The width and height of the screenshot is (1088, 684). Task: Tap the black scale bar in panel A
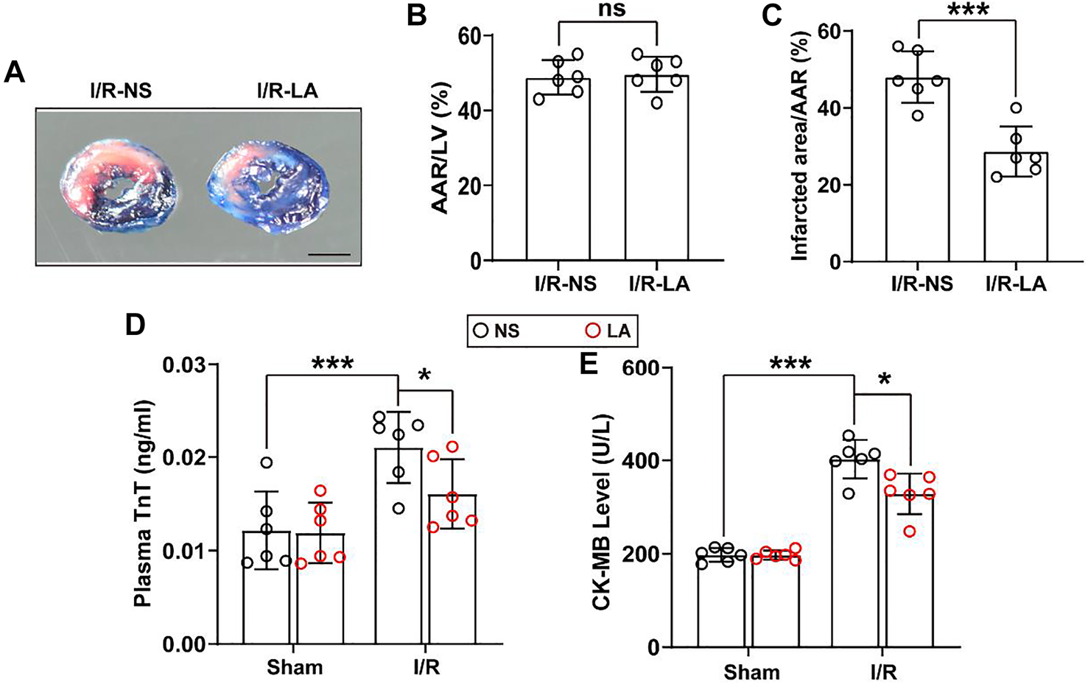click(329, 255)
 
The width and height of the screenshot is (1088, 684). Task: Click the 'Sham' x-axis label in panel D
click(295, 668)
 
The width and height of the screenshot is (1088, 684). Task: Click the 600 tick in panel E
click(642, 367)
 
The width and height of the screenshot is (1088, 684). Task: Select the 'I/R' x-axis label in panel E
click(882, 671)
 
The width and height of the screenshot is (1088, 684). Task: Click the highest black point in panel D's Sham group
click(267, 462)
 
